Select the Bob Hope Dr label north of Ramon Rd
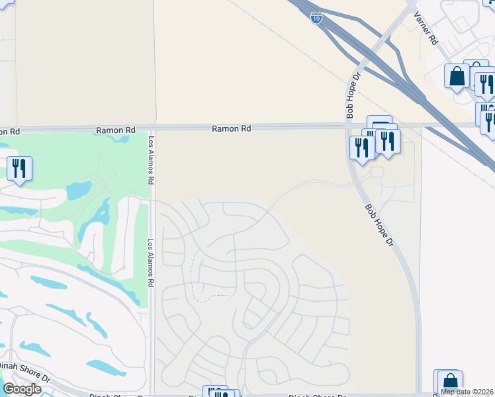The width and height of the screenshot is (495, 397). pyautogui.click(x=353, y=97)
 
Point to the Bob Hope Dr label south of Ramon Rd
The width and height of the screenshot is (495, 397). pyautogui.click(x=380, y=226)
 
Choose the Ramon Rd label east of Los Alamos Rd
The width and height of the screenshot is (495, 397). pyautogui.click(x=232, y=128)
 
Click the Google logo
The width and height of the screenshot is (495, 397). pyautogui.click(x=22, y=389)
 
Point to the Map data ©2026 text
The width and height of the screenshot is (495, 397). pyautogui.click(x=466, y=392)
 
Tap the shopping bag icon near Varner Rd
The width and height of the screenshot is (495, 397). pyautogui.click(x=457, y=76)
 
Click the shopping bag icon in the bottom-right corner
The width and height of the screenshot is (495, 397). pyautogui.click(x=450, y=382)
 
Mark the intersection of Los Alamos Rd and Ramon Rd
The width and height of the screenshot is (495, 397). pyautogui.click(x=151, y=128)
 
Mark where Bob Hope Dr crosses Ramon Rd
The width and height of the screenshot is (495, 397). pyautogui.click(x=350, y=126)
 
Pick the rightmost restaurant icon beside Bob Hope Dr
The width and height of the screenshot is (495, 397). pyautogui.click(x=388, y=141)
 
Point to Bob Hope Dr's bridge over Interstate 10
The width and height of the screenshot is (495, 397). pyautogui.click(x=382, y=45)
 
